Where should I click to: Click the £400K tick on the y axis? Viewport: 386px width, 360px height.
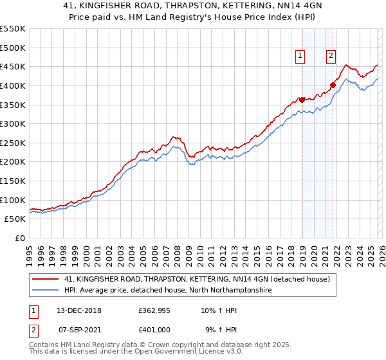[x=13, y=85]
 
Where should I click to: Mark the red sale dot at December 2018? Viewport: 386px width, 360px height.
[x=302, y=100]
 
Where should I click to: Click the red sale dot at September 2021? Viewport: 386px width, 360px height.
[x=333, y=85]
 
